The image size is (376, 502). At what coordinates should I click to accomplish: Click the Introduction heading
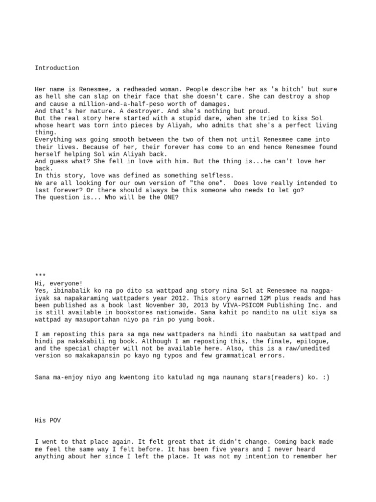pos(57,68)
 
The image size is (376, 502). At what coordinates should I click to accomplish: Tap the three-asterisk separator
pos(41,276)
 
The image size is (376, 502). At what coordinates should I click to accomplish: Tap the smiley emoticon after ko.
pos(326,377)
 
